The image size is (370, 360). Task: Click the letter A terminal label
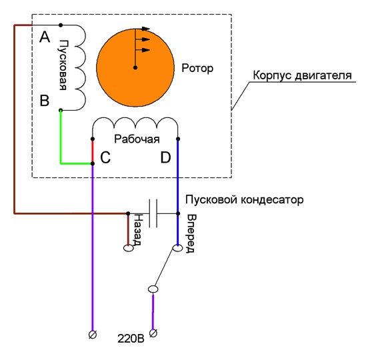point(45,37)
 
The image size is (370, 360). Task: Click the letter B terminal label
point(45,101)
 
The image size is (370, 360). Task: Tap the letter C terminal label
point(105,157)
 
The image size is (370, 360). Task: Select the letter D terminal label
point(165,157)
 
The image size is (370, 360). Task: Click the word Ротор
point(197,69)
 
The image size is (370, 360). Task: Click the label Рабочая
point(137,139)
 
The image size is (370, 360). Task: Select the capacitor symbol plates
point(153,213)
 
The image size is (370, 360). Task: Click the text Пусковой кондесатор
point(244,200)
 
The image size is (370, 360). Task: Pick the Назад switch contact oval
point(129,248)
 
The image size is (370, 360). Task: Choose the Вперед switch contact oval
point(177,248)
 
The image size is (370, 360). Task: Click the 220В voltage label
point(131,339)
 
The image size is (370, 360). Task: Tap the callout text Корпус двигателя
point(302,75)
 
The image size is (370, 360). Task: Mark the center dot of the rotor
point(135,68)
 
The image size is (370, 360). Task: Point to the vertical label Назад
point(137,230)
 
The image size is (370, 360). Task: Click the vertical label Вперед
point(191,233)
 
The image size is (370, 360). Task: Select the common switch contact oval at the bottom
point(153,289)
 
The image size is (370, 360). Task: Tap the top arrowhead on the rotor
point(146,29)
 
